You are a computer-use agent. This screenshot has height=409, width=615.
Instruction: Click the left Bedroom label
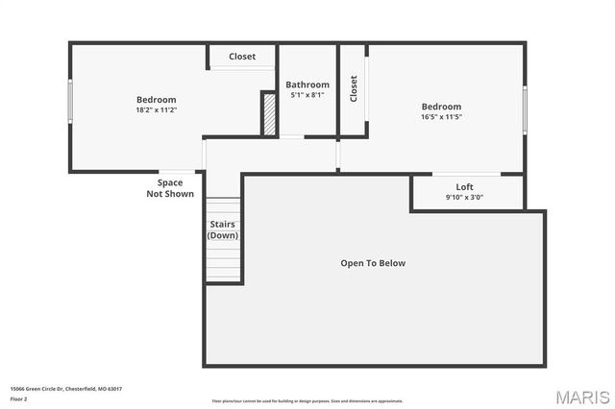tap(156, 100)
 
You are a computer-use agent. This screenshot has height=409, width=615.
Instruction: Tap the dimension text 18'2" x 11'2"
tap(156, 110)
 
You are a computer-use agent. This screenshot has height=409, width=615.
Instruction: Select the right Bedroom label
tap(441, 107)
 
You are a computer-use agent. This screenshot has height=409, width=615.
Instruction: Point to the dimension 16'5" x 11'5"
tap(441, 117)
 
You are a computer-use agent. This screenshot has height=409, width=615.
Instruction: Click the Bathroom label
tap(307, 84)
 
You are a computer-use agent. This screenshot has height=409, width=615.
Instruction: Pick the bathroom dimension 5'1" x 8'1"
tap(307, 95)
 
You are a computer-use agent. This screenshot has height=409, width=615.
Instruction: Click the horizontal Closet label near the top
tap(242, 57)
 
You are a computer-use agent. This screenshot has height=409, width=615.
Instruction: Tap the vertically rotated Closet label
tap(354, 89)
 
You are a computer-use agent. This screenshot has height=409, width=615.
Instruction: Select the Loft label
tap(464, 187)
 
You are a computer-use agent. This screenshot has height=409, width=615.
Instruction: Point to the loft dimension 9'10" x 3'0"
tap(464, 198)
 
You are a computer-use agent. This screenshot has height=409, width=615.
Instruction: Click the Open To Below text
tap(374, 263)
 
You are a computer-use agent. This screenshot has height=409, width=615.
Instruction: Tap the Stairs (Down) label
tap(223, 230)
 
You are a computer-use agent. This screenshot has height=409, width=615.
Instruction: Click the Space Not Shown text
tap(170, 188)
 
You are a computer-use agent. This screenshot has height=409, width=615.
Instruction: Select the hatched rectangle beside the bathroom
tap(270, 114)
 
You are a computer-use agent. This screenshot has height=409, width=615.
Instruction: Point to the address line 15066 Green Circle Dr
tap(65, 389)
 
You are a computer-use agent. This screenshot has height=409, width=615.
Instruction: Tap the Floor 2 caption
tap(19, 397)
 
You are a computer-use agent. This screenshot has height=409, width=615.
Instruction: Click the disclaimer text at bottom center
tap(307, 401)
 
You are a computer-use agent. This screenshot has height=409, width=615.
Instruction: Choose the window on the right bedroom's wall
tap(525, 109)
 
